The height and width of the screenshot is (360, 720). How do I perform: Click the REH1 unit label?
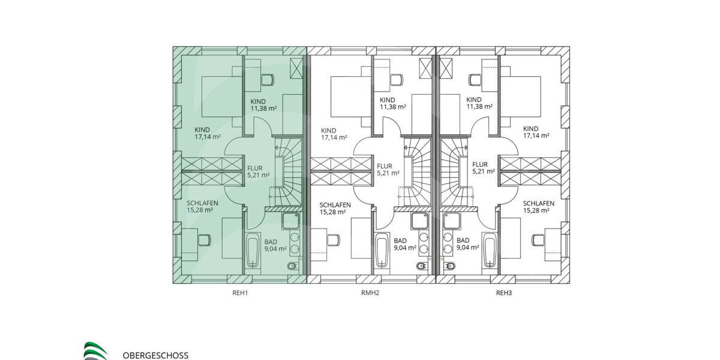click(239, 293)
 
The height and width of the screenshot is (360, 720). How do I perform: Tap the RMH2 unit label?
click(370, 293)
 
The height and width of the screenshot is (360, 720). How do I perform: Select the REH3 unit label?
click(503, 293)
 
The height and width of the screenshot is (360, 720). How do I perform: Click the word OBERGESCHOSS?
click(155, 355)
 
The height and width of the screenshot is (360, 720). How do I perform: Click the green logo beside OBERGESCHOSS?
click(95, 351)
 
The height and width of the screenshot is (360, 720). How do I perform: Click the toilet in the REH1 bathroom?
click(293, 266)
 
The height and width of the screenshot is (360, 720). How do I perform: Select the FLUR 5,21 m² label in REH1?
click(258, 172)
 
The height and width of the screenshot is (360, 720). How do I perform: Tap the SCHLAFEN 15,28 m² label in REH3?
click(536, 207)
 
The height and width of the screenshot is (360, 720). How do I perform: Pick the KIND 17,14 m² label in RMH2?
click(334, 134)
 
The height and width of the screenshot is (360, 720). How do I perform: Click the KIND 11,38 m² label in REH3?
click(479, 103)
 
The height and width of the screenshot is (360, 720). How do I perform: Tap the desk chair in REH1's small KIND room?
click(267, 79)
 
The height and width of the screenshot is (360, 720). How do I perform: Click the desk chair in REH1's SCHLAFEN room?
click(204, 239)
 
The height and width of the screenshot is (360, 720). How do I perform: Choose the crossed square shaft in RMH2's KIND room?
click(426, 68)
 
